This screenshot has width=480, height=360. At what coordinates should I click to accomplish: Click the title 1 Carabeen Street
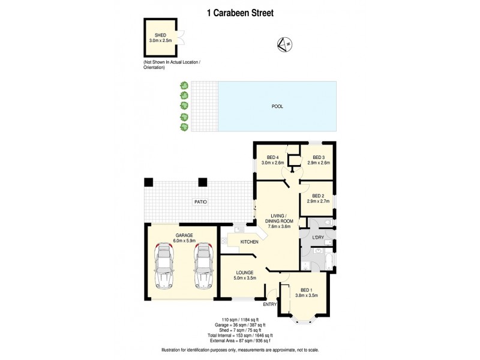(x=239, y=12)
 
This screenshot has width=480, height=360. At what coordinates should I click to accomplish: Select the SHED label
(x=160, y=35)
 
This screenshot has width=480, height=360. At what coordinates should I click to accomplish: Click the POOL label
(x=277, y=106)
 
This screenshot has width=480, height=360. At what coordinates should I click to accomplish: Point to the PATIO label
(x=200, y=202)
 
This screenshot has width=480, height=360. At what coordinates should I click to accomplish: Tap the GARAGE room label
(x=184, y=235)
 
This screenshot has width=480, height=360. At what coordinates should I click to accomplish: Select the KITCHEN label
(x=249, y=242)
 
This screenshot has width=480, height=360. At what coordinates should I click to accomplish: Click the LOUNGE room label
(x=245, y=272)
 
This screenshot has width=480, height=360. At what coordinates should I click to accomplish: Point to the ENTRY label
(x=270, y=305)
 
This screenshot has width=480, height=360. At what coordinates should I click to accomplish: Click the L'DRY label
(x=318, y=238)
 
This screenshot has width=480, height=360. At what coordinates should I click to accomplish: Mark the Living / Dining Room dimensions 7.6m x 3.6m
(x=278, y=227)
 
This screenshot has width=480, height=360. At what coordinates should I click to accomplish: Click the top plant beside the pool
(x=184, y=86)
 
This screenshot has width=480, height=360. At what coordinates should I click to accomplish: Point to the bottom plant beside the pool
(x=184, y=127)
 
